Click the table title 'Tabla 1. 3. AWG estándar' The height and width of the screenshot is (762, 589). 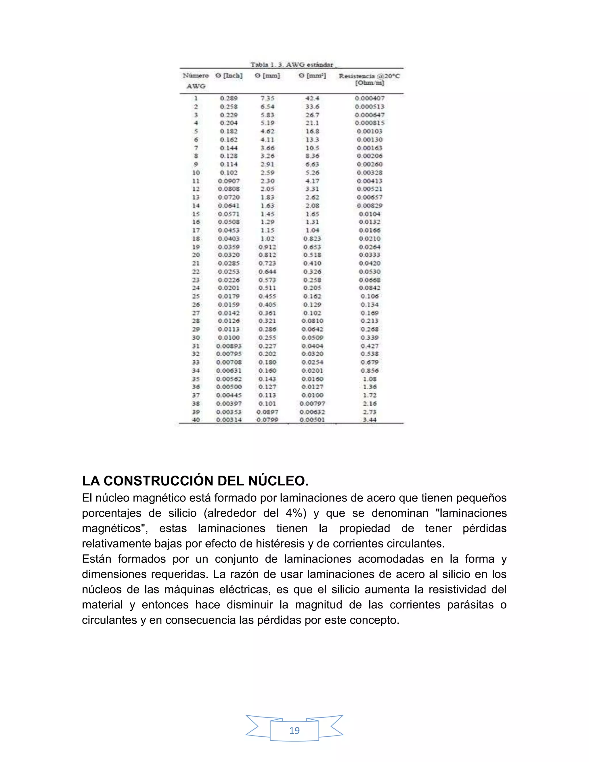(x=292, y=64)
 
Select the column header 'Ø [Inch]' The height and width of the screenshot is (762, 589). (x=229, y=76)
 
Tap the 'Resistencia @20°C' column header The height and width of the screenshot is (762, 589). (x=369, y=76)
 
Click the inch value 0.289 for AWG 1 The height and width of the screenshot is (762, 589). (x=229, y=98)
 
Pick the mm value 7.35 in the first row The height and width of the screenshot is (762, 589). (x=267, y=98)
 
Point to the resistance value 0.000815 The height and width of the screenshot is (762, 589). (x=370, y=123)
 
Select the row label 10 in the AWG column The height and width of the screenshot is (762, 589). (x=196, y=173)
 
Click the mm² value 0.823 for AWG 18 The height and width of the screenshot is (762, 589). (x=312, y=239)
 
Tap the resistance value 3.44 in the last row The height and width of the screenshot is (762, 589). (x=370, y=420)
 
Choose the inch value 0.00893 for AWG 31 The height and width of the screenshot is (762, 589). (x=229, y=346)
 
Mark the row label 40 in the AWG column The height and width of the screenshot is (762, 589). (x=196, y=420)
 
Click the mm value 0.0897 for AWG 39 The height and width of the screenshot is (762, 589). (x=267, y=412)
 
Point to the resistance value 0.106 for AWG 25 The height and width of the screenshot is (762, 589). (x=370, y=296)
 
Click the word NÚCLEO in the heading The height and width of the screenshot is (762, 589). (x=278, y=481)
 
